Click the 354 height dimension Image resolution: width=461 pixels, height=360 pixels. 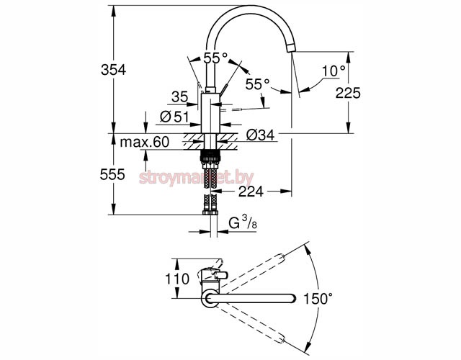click(113, 71)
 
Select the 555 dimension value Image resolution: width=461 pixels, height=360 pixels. click(113, 174)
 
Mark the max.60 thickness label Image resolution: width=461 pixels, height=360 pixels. click(144, 143)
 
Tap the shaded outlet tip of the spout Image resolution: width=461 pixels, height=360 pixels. click(292, 46)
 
